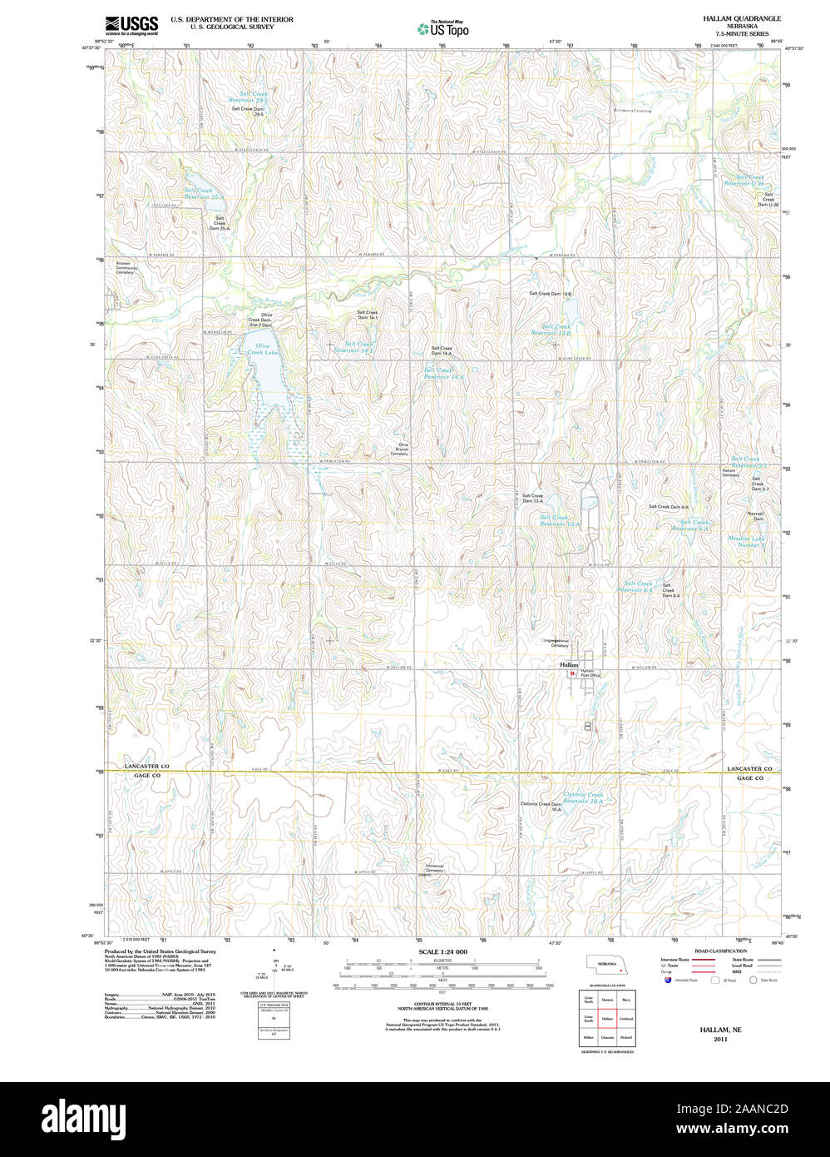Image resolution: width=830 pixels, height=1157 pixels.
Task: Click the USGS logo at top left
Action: pyautogui.click(x=131, y=25)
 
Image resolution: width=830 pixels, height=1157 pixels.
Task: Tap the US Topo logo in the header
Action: pyautogui.click(x=443, y=29)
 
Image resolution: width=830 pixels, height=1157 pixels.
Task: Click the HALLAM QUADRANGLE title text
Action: pyautogui.click(x=742, y=17)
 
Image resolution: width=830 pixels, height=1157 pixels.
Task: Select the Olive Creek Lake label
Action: pyautogui.click(x=262, y=349)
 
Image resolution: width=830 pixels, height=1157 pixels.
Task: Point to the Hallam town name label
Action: pyautogui.click(x=569, y=665)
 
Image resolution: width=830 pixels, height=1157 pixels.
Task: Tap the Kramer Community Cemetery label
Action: pyautogui.click(x=125, y=267)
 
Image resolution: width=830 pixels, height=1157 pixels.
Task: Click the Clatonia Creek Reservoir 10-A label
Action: pyautogui.click(x=582, y=797)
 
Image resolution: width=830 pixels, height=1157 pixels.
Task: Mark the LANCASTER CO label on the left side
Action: pyautogui.click(x=146, y=766)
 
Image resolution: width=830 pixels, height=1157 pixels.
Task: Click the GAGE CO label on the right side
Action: pyautogui.click(x=749, y=778)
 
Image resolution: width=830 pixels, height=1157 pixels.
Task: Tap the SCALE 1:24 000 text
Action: pyautogui.click(x=442, y=951)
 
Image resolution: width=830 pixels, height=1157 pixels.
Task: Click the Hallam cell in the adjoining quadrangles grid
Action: pyautogui.click(x=607, y=1018)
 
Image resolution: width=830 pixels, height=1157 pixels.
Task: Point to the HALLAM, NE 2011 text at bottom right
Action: pyautogui.click(x=720, y=1034)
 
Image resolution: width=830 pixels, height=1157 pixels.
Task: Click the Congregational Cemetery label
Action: pyautogui.click(x=555, y=643)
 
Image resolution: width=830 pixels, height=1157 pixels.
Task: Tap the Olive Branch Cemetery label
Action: pyautogui.click(x=399, y=449)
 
